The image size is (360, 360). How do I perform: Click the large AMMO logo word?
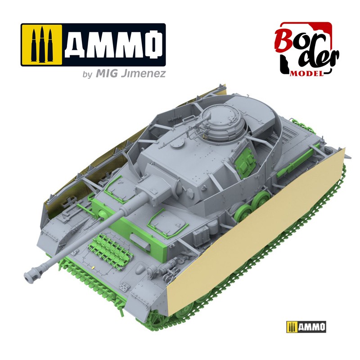(x=114, y=44)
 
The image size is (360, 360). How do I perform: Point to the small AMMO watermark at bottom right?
(x=306, y=326)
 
